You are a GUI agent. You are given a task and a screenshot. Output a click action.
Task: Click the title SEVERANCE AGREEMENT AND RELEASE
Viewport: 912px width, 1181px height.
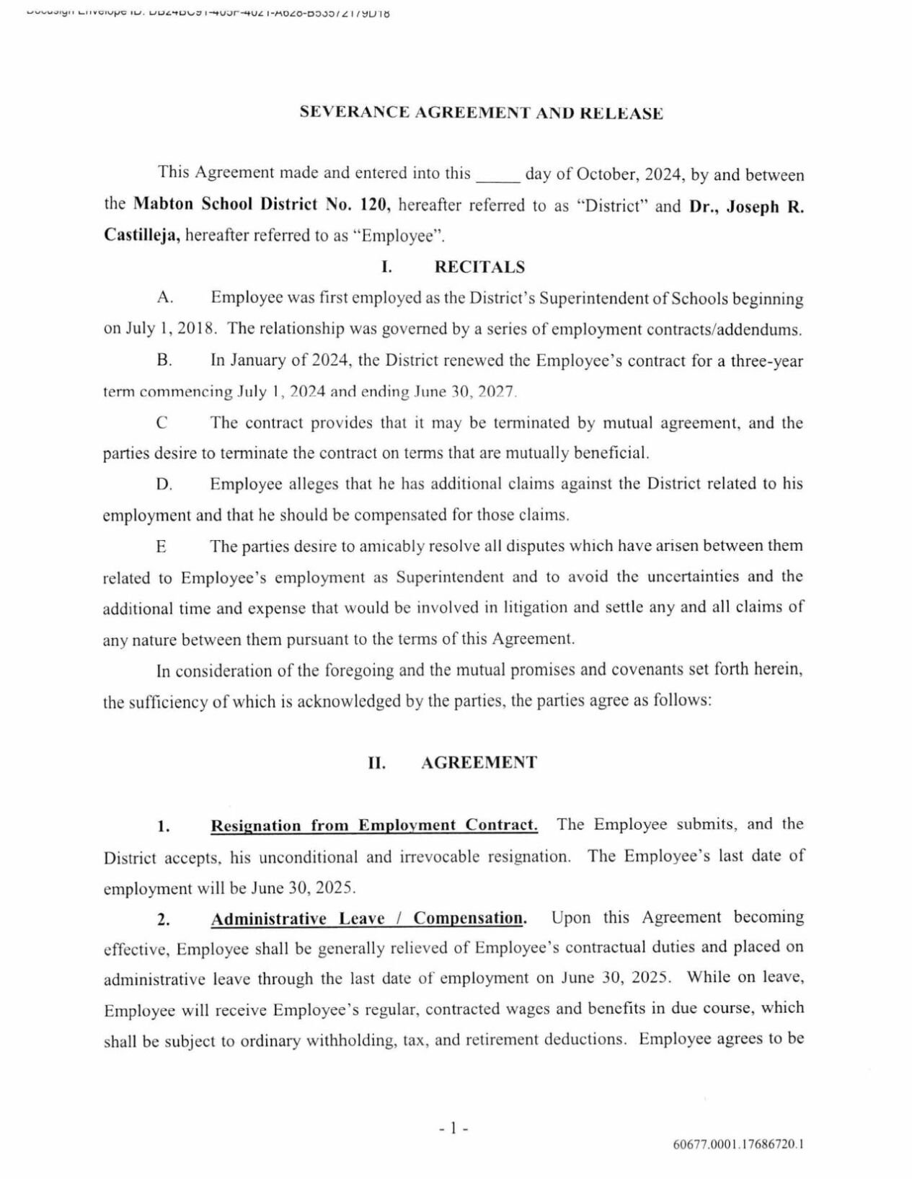click(481, 113)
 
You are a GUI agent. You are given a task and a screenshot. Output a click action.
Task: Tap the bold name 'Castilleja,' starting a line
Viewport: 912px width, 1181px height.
click(142, 236)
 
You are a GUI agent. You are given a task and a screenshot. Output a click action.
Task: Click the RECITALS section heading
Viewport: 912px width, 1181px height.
click(479, 267)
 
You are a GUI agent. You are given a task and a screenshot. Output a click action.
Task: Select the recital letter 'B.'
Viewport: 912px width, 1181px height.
click(164, 361)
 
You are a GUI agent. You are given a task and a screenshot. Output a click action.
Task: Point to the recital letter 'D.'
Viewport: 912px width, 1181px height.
click(164, 485)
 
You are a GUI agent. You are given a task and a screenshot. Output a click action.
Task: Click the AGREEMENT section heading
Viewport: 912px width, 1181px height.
click(479, 763)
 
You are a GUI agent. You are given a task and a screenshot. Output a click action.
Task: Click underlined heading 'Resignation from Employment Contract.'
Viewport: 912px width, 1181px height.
click(373, 826)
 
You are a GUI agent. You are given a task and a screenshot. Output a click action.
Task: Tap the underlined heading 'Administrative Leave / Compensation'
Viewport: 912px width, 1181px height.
click(367, 919)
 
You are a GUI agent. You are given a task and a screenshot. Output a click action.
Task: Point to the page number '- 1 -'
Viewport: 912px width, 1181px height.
click(454, 1128)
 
